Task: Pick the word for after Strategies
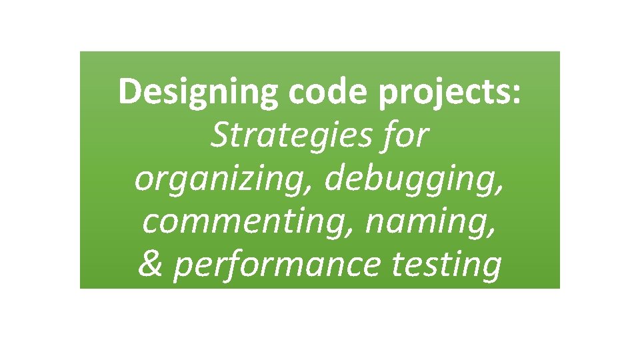(x=404, y=137)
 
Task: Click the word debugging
(x=408, y=180)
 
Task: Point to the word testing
(x=447, y=265)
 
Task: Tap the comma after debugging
(x=500, y=189)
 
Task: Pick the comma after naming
(x=492, y=231)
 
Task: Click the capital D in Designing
(x=128, y=92)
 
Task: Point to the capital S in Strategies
(x=219, y=137)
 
